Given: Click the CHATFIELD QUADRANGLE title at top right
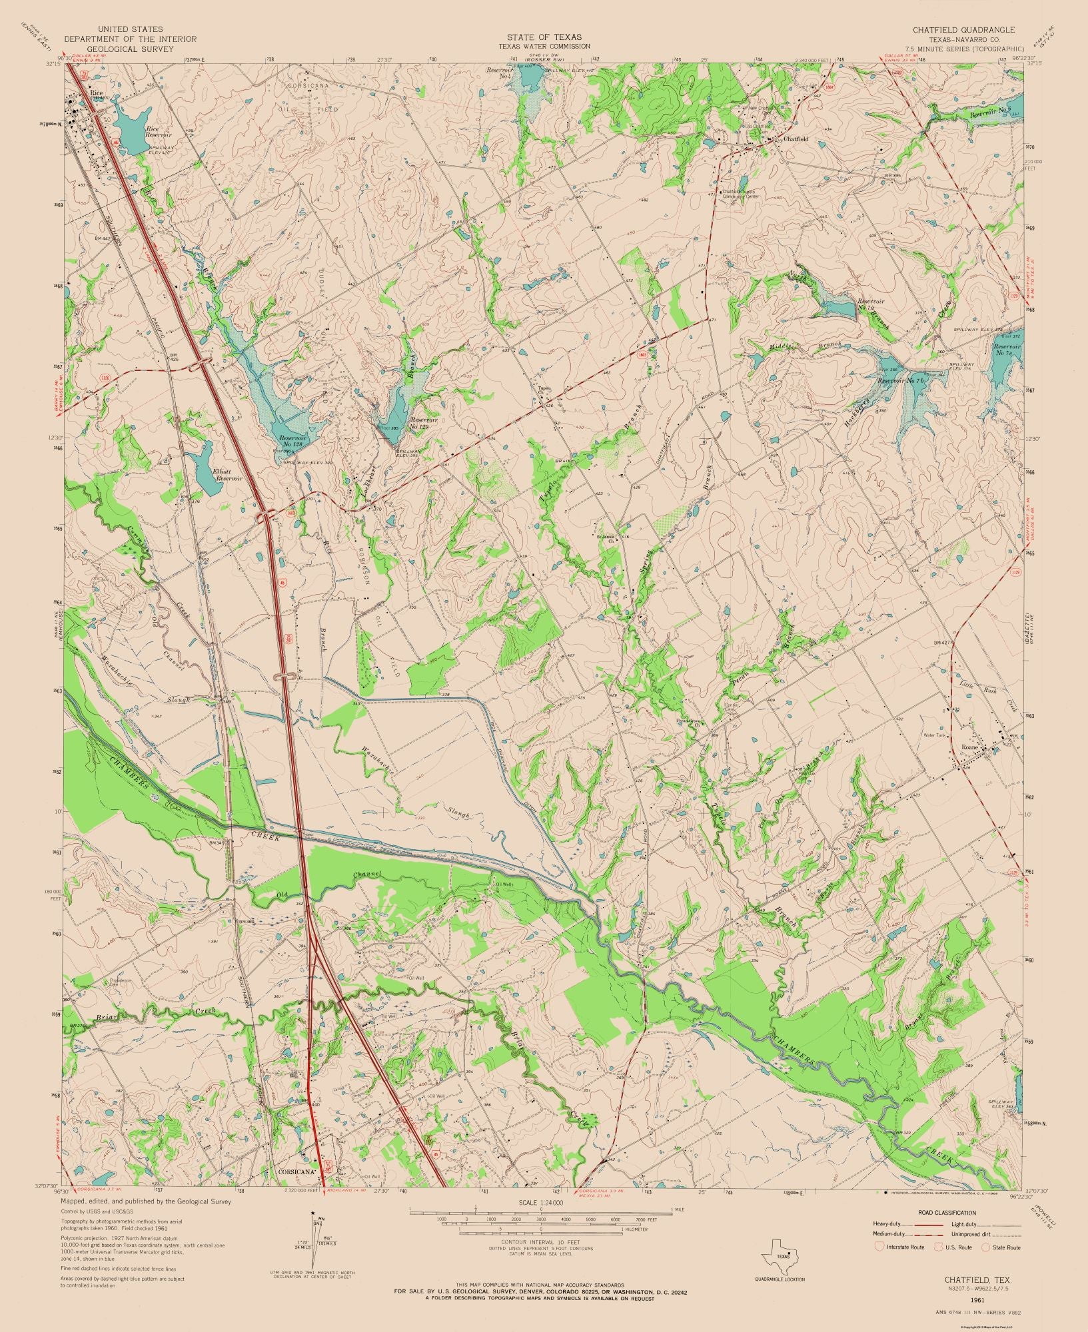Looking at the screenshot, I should pyautogui.click(x=963, y=30).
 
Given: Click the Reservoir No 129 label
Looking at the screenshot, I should pyautogui.click(x=423, y=424).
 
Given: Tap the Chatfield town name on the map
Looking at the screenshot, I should pyautogui.click(x=796, y=139).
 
